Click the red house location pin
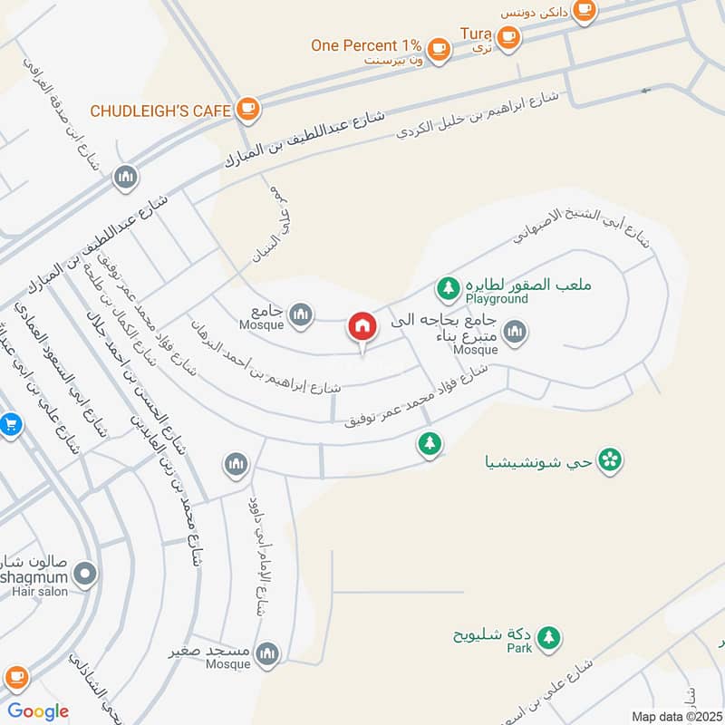[x=362, y=327]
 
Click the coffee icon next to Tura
[x=508, y=36]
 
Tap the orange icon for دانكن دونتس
[x=585, y=10]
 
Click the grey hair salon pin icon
[x=85, y=574]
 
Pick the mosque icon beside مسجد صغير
[x=267, y=653]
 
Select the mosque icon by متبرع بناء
[x=516, y=333]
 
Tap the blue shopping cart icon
[x=9, y=424]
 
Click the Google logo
[x=37, y=711]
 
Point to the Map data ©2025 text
[x=675, y=717]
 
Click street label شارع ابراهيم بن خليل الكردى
[x=480, y=117]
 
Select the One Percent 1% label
[x=366, y=45]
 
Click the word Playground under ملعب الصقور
[x=497, y=298]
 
